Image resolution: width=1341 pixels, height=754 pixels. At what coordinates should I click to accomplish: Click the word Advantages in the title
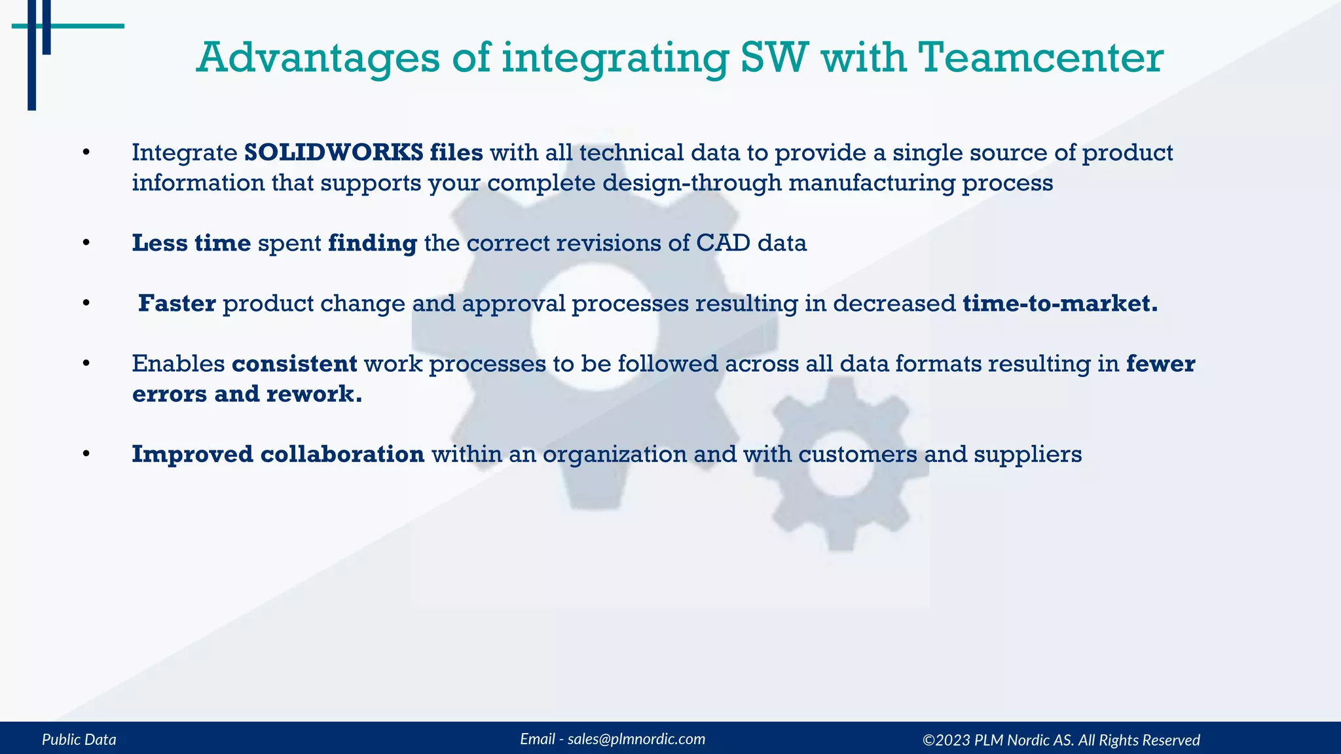pyautogui.click(x=318, y=58)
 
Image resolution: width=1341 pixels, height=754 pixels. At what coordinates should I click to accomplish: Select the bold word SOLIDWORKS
pyautogui.click(x=333, y=153)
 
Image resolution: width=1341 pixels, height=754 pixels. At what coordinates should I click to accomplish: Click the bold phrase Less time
pyautogui.click(x=191, y=243)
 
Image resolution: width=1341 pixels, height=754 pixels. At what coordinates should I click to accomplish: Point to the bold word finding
pyautogui.click(x=372, y=243)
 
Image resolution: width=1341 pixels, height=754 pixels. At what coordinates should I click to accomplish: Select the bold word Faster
pyautogui.click(x=177, y=304)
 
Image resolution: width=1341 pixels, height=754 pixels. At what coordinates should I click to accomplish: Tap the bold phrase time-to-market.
pyautogui.click(x=1059, y=304)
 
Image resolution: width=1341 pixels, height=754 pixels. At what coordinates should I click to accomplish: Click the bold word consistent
pyautogui.click(x=294, y=363)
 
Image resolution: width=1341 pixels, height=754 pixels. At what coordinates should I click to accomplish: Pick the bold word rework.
pyautogui.click(x=313, y=394)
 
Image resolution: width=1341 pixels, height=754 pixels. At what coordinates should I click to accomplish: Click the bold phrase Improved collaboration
pyautogui.click(x=278, y=454)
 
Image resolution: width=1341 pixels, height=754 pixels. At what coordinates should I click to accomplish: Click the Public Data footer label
pyautogui.click(x=79, y=740)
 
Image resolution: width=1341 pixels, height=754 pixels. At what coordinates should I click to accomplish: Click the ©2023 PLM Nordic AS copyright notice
pyautogui.click(x=1061, y=740)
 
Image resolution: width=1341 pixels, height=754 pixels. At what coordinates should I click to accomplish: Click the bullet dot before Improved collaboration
pyautogui.click(x=86, y=454)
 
